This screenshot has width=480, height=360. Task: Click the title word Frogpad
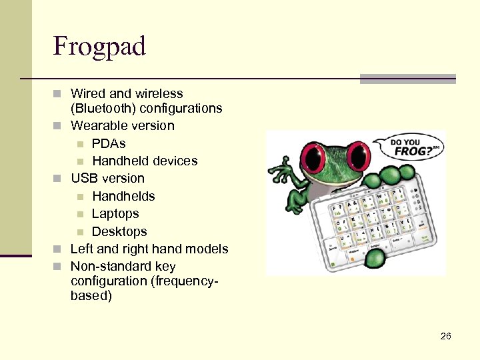(x=99, y=47)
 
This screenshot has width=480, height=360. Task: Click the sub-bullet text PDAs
(x=109, y=143)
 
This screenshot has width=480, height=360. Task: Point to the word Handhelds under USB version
(x=123, y=196)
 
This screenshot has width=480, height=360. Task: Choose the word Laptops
(x=115, y=213)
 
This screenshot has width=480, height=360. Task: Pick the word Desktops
(x=119, y=231)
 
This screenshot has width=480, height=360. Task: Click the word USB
(x=84, y=178)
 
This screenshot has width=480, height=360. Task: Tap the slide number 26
(x=446, y=336)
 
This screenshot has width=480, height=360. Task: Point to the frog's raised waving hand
(x=286, y=175)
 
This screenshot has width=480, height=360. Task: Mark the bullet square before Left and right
(x=58, y=249)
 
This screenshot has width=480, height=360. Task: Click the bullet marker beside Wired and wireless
(x=58, y=94)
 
